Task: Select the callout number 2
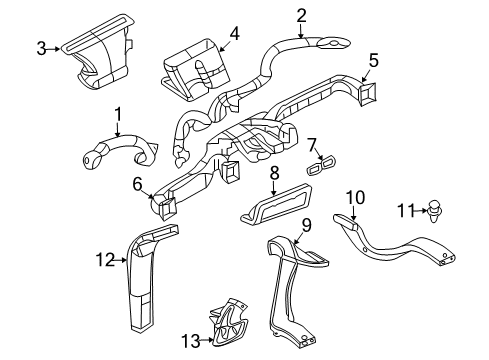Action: click(301, 14)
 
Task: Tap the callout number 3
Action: click(42, 47)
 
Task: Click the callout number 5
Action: click(373, 60)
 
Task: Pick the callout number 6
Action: click(136, 183)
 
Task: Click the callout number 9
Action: click(308, 224)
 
